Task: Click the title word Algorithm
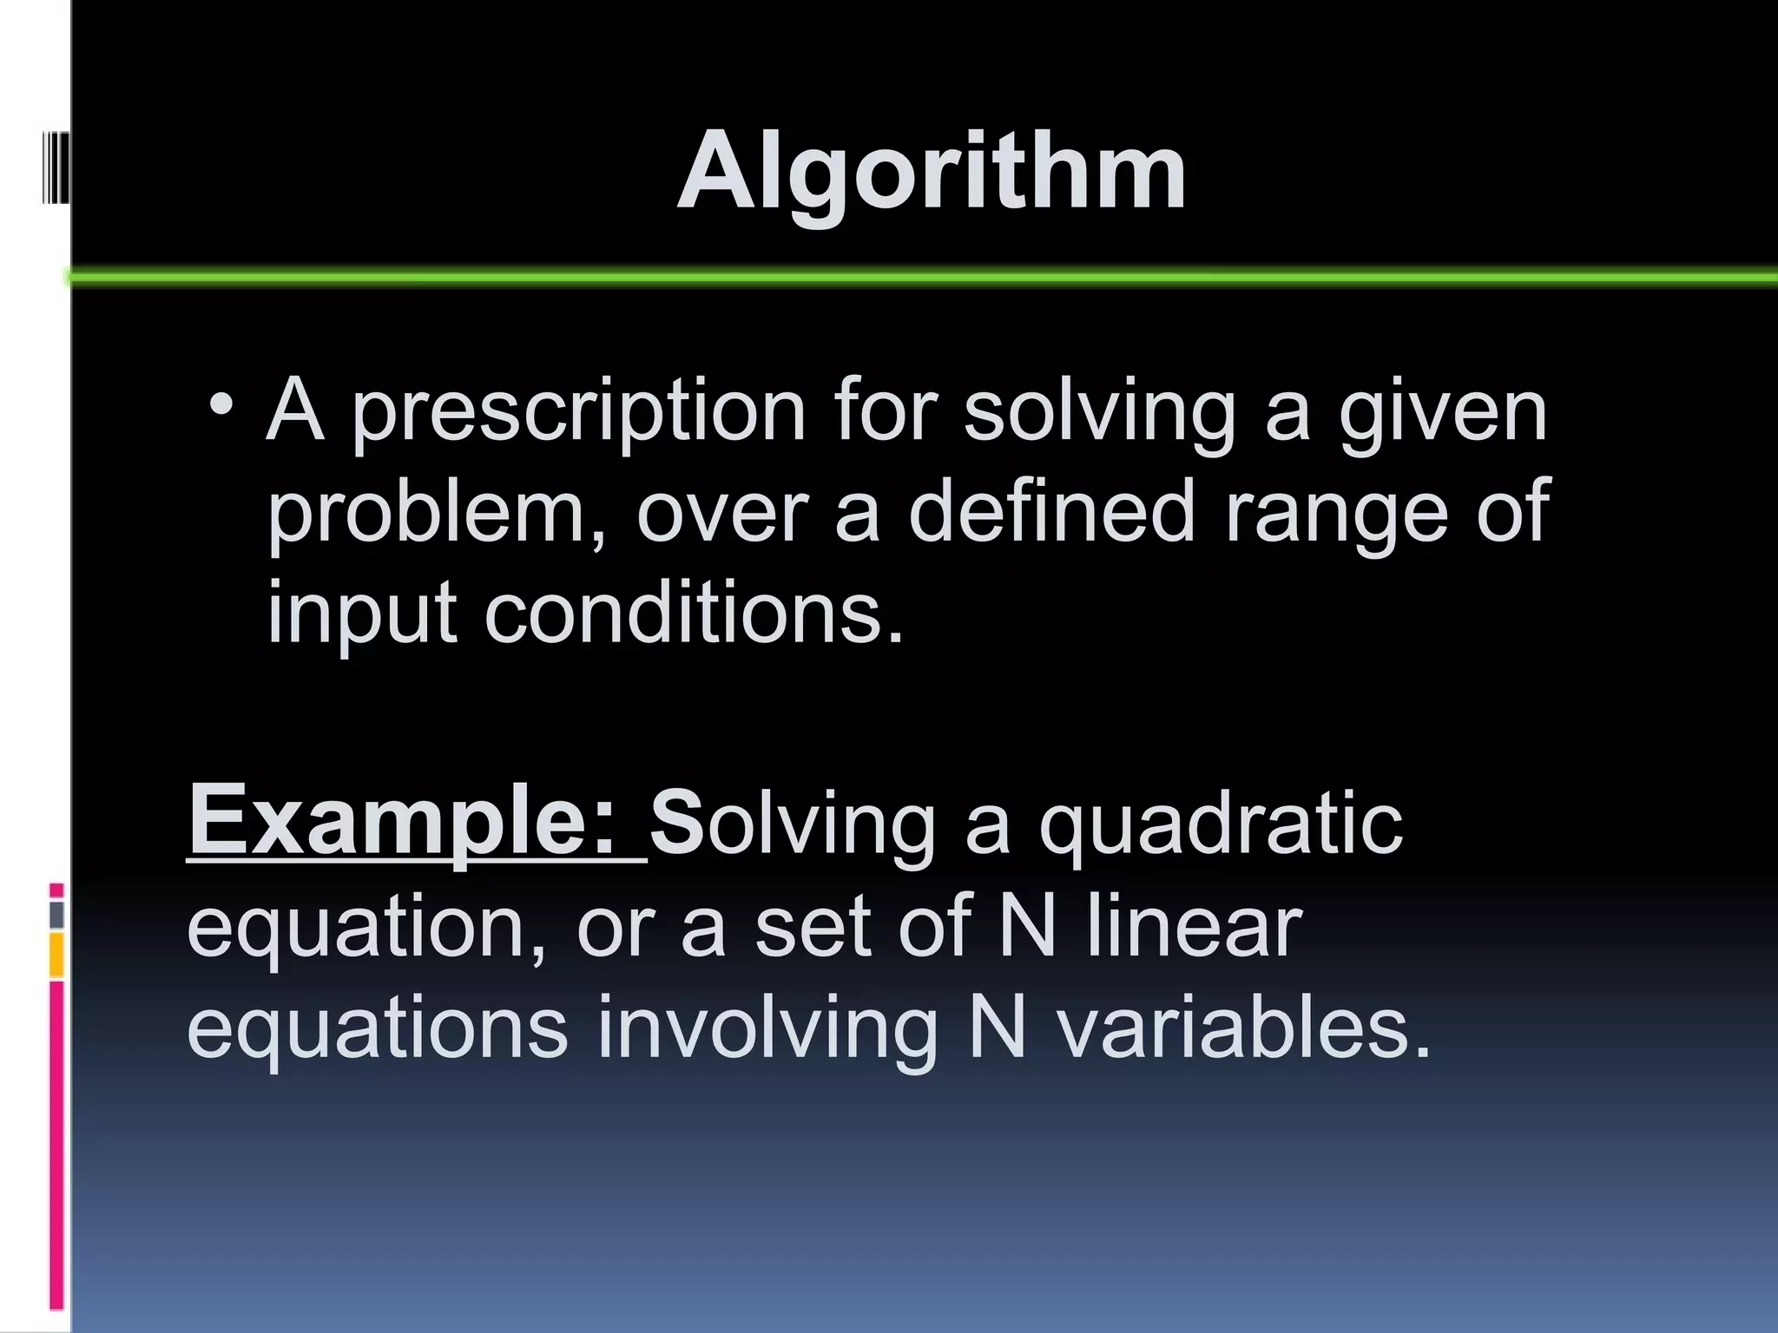931,172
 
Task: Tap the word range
1336,514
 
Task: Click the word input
361,614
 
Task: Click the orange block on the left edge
56,955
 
